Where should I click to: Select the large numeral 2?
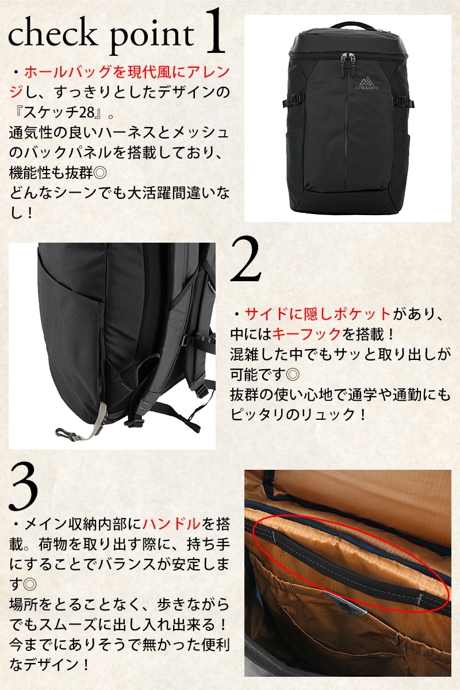click(246, 260)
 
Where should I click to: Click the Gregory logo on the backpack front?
click(367, 83)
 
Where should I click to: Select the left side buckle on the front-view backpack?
click(292, 101)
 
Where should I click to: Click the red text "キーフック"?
click(306, 334)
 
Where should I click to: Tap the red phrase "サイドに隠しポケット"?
click(317, 314)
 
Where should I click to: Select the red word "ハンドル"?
click(171, 524)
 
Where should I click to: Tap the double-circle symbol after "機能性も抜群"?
click(100, 173)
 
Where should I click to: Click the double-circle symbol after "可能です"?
click(292, 374)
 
